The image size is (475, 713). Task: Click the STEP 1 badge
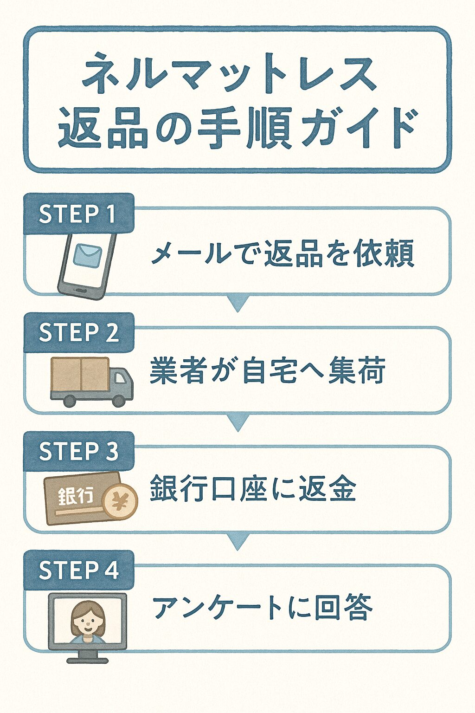pos(79,214)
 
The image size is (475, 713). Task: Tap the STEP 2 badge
pos(79,333)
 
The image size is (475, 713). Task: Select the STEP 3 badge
pos(79,451)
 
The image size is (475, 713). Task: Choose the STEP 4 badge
pos(79,570)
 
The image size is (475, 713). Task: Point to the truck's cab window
pos(120,378)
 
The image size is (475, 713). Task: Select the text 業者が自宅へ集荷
pos(267,371)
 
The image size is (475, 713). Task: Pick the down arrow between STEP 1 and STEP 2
pos(237,304)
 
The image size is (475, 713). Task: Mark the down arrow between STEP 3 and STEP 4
pos(237,542)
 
